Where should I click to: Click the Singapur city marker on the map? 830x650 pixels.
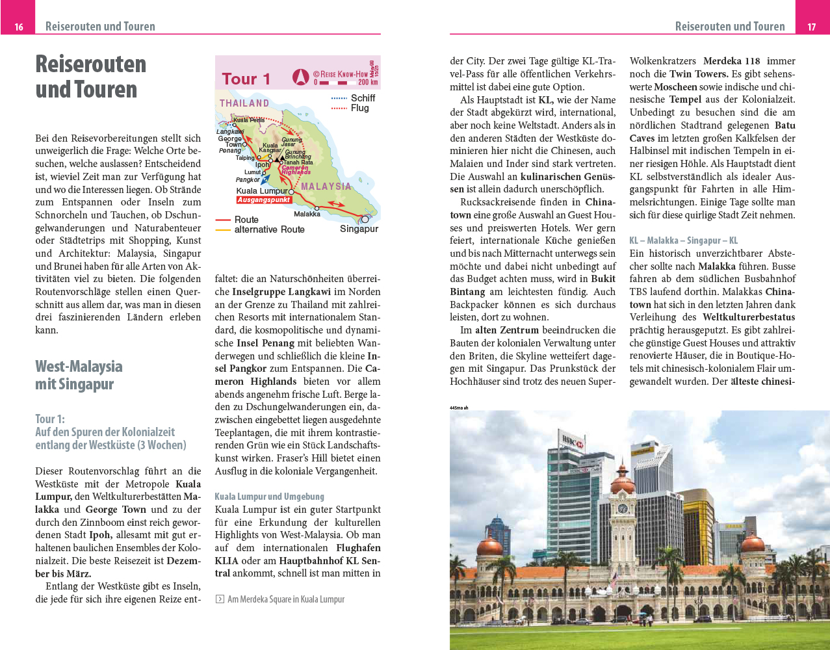tap(365, 219)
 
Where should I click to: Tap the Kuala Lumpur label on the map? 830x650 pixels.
tap(261, 191)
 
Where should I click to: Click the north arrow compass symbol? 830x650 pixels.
tap(300, 77)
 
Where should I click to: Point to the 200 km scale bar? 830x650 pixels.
tap(341, 83)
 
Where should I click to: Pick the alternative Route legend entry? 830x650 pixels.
tap(269, 229)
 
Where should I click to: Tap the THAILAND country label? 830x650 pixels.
tap(244, 103)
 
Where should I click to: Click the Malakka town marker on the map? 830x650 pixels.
tap(317, 208)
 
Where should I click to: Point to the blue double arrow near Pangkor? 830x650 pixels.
tap(266, 179)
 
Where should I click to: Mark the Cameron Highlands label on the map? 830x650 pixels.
tap(296, 170)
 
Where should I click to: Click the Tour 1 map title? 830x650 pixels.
tap(246, 79)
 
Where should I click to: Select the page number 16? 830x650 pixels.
tap(19, 27)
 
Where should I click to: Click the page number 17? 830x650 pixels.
tap(812, 27)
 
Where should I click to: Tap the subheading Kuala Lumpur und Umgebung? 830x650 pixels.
tap(269, 497)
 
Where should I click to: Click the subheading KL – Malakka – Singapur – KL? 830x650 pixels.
tap(683, 240)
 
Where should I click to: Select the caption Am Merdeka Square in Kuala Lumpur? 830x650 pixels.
tap(285, 599)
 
